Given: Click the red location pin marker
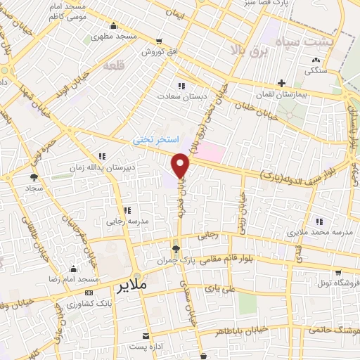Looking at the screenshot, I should [181, 166].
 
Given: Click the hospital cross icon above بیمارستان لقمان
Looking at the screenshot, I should [281, 83].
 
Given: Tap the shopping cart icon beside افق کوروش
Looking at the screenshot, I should [160, 41].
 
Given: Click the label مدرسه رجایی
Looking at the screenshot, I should [124, 221].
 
